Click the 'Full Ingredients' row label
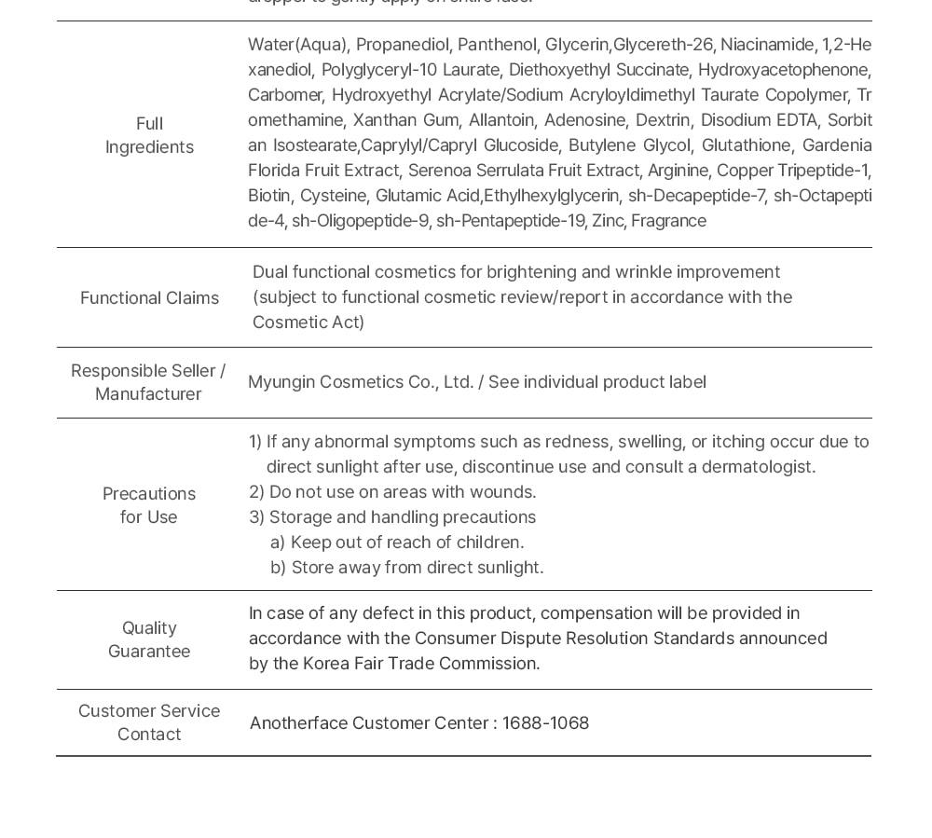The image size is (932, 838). pyautogui.click(x=149, y=135)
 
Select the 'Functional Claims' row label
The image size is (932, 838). pyautogui.click(x=149, y=298)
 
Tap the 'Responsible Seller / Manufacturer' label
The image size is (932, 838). pyautogui.click(x=148, y=382)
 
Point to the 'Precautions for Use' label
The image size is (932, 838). pyautogui.click(x=149, y=505)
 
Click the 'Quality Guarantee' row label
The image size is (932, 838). pyautogui.click(x=149, y=639)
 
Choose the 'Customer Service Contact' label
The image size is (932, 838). pyautogui.click(x=149, y=722)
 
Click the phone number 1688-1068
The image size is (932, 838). pyautogui.click(x=545, y=723)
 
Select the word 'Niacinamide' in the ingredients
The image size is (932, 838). pyautogui.click(x=767, y=45)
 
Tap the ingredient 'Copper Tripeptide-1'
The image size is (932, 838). pyautogui.click(x=792, y=171)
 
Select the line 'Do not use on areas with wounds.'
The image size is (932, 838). pyautogui.click(x=402, y=492)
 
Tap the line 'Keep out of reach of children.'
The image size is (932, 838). pyautogui.click(x=407, y=543)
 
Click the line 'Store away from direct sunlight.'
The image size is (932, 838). pyautogui.click(x=418, y=568)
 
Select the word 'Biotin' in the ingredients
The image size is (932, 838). pyautogui.click(x=269, y=196)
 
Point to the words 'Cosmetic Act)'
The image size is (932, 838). pyautogui.click(x=308, y=323)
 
